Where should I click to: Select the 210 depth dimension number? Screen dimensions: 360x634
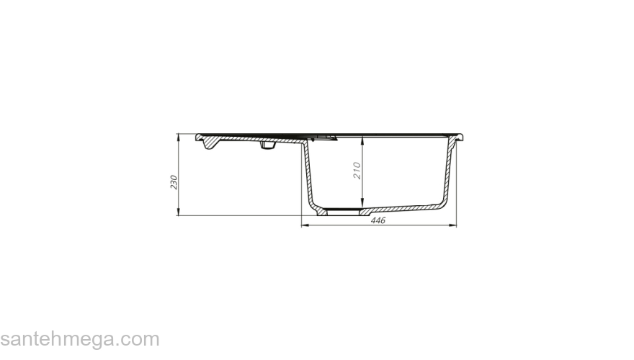click(x=356, y=171)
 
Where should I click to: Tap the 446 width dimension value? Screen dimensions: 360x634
click(x=378, y=220)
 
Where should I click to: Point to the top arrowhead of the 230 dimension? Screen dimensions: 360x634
click(x=179, y=136)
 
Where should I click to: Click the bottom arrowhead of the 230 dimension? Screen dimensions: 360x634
click(x=179, y=212)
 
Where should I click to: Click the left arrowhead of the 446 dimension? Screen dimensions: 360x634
click(x=303, y=226)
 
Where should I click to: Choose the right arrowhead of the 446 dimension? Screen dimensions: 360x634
click(x=455, y=226)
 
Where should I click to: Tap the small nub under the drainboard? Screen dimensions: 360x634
click(x=267, y=148)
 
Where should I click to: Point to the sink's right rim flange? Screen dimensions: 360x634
click(x=465, y=137)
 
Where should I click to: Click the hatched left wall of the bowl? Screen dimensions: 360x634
click(x=308, y=173)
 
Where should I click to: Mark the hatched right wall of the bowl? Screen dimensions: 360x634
click(x=450, y=173)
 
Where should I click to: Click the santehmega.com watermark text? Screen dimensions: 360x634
click(x=79, y=339)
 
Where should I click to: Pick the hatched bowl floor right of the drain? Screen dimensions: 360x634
click(x=403, y=210)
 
